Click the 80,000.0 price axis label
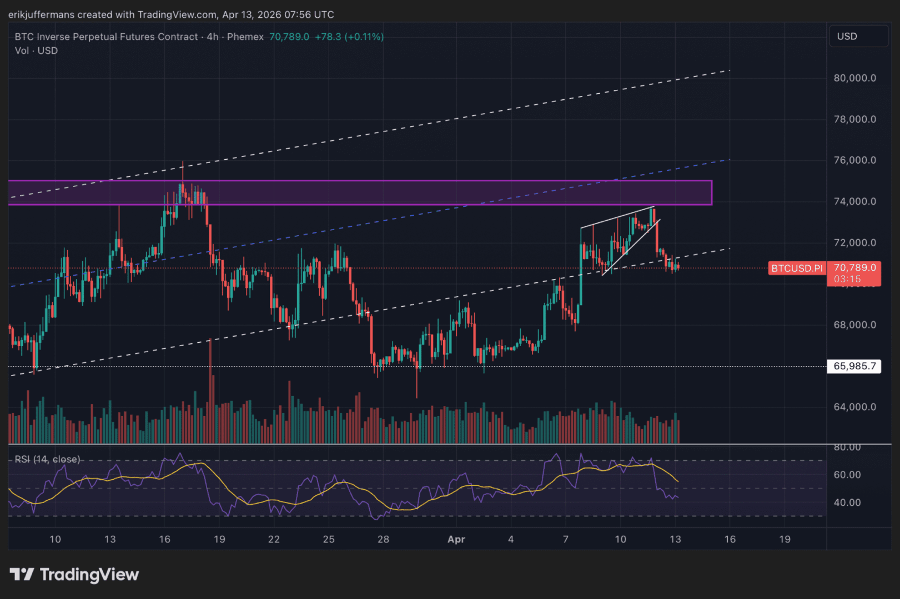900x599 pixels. [x=854, y=78]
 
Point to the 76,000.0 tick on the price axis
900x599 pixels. [x=854, y=160]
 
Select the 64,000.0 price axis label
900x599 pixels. [x=854, y=407]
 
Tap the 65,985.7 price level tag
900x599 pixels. [x=854, y=366]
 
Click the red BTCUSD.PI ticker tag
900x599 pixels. [x=797, y=268]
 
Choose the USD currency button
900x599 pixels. [x=847, y=37]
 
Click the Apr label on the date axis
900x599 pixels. [x=456, y=539]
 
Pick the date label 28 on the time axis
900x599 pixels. [x=383, y=539]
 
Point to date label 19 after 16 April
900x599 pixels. [x=785, y=539]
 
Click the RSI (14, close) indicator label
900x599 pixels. [x=47, y=459]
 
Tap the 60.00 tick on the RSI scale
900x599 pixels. [x=847, y=475]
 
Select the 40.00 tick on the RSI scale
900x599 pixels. [x=847, y=502]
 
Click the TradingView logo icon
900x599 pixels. [x=22, y=575]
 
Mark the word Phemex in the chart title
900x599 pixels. [x=245, y=37]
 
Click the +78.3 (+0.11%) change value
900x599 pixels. [x=349, y=37]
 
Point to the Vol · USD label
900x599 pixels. [x=36, y=51]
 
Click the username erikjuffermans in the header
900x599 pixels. [x=42, y=14]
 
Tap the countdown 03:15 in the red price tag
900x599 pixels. [x=847, y=279]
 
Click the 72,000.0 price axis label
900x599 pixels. [x=854, y=243]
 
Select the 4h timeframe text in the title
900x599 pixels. [x=212, y=37]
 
